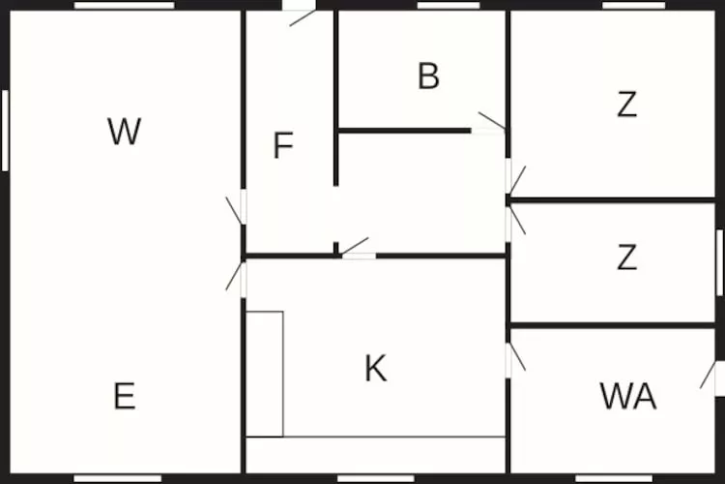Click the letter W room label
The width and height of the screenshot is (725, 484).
124,132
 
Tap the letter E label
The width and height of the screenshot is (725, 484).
125,396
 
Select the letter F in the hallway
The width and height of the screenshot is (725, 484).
283,145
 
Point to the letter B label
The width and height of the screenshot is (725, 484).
428,76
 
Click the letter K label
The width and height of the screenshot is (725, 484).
375,368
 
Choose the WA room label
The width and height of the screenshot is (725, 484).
628,396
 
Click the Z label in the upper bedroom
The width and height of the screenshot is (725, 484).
627,105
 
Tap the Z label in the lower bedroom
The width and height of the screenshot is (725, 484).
627,257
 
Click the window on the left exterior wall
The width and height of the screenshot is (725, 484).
5,131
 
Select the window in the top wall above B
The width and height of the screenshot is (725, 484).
449,5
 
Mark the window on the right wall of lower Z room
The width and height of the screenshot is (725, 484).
719,262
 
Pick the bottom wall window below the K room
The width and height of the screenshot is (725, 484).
376,478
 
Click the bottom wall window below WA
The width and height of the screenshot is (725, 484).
614,478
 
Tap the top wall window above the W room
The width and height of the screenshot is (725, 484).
125,5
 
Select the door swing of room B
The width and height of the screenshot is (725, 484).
492,121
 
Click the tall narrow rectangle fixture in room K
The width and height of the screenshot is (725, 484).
265,374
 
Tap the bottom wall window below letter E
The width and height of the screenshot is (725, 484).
118,478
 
